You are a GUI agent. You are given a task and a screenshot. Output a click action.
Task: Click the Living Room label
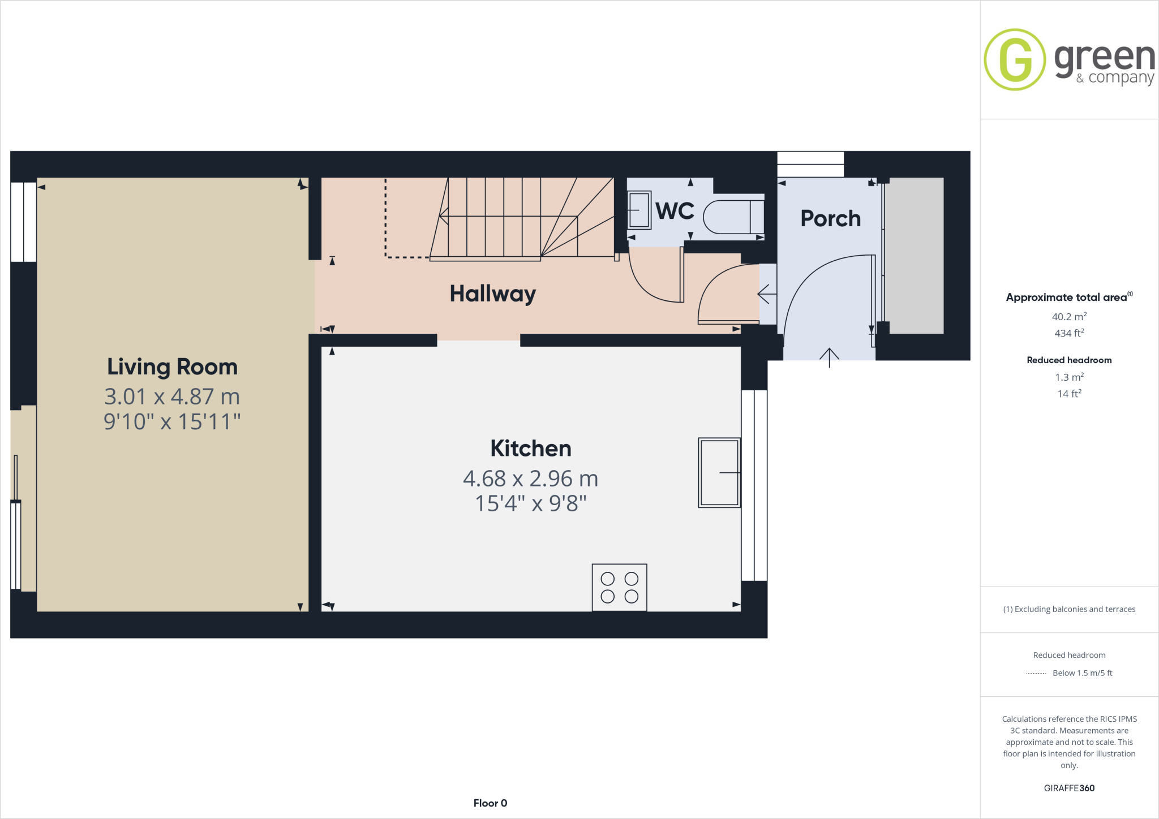[172, 367]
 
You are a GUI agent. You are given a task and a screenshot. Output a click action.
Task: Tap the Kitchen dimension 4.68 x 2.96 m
[530, 479]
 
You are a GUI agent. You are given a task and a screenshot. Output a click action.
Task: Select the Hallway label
[492, 294]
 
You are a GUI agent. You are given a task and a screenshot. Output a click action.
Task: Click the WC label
[675, 211]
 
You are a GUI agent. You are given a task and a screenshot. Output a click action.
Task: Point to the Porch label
[830, 218]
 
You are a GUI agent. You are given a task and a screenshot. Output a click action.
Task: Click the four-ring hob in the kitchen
[619, 587]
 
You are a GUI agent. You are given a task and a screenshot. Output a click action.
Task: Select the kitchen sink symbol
[719, 472]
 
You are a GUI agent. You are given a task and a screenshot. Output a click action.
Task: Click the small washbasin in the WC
[639, 210]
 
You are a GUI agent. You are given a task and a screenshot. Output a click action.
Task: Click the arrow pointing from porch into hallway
[766, 294]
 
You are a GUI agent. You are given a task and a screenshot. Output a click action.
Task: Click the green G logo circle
[1015, 59]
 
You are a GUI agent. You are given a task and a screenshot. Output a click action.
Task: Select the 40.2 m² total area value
[1069, 317]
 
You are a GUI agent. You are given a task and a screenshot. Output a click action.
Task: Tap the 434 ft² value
[1069, 333]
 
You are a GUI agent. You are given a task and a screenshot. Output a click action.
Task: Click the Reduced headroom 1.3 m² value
[1069, 377]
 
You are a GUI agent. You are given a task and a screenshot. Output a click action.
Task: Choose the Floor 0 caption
[490, 803]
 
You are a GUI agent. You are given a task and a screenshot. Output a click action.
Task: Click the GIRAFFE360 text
[1069, 788]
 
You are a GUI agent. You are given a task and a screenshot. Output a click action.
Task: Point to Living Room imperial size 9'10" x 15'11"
[172, 422]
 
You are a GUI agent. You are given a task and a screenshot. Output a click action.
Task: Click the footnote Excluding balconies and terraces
[1069, 609]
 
